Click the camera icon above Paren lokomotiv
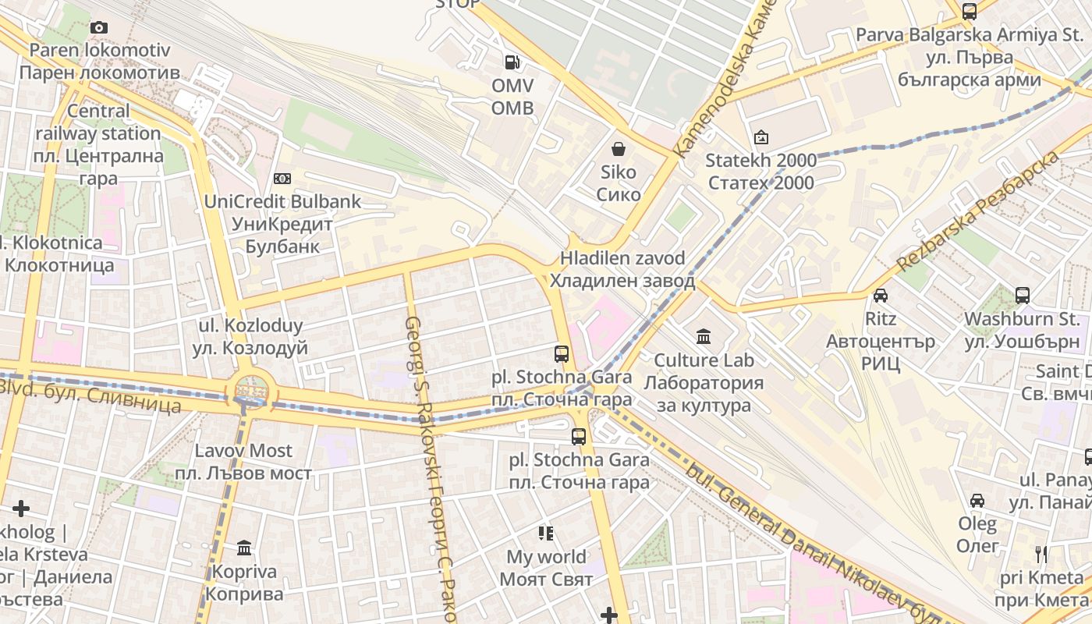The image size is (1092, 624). pyautogui.click(x=98, y=28)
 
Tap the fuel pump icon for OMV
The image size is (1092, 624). pyautogui.click(x=512, y=62)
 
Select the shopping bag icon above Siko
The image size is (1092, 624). pyautogui.click(x=619, y=149)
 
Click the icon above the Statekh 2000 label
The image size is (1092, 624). pyautogui.click(x=760, y=138)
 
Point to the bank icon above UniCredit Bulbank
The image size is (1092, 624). pyautogui.click(x=282, y=179)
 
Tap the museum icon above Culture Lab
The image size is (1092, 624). pyautogui.click(x=704, y=337)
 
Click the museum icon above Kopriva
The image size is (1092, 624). pyautogui.click(x=245, y=548)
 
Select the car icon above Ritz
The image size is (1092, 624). pyautogui.click(x=880, y=296)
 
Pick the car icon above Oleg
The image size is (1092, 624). pyautogui.click(x=977, y=500)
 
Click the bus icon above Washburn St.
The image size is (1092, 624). pyautogui.click(x=1022, y=296)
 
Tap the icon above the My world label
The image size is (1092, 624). pyautogui.click(x=546, y=534)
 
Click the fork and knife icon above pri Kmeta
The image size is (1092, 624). pyautogui.click(x=1041, y=555)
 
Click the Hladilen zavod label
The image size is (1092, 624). pyautogui.click(x=622, y=270)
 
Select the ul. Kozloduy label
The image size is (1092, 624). pyautogui.click(x=250, y=336)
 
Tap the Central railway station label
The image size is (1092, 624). pyautogui.click(x=98, y=144)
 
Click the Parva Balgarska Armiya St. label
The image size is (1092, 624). pyautogui.click(x=970, y=57)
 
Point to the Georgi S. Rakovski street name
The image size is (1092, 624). pyautogui.click(x=429, y=468)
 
